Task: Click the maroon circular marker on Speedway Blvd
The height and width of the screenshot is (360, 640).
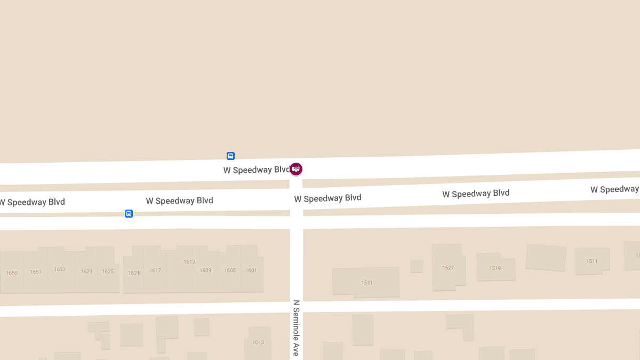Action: point(296,169)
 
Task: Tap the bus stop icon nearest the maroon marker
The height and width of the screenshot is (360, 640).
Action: point(230,156)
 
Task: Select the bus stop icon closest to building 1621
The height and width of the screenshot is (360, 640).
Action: point(129,214)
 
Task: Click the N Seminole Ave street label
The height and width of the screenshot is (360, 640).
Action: point(296,327)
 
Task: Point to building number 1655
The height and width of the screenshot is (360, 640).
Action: point(12,273)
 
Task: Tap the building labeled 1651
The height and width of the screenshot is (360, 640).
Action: point(36,272)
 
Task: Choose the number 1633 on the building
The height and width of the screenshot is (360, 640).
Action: point(60,269)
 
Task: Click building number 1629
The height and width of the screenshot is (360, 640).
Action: point(86,271)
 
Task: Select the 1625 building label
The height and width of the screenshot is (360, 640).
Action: point(108,271)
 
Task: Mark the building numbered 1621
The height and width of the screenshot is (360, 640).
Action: point(134,273)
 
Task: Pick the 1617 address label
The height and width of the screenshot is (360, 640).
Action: point(155,270)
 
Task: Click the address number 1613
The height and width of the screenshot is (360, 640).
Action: point(189,262)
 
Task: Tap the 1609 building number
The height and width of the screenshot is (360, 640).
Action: point(205,270)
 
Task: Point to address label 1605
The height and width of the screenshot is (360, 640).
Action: point(230,270)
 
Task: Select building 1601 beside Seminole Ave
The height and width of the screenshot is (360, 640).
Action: point(251,270)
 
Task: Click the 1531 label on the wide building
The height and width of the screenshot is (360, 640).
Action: point(367,283)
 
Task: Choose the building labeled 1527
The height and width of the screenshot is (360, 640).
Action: point(448,268)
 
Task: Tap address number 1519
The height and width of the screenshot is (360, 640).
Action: point(495,268)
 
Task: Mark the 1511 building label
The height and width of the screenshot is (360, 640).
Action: point(592,261)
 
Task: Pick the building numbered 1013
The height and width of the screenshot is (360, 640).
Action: point(258,342)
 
